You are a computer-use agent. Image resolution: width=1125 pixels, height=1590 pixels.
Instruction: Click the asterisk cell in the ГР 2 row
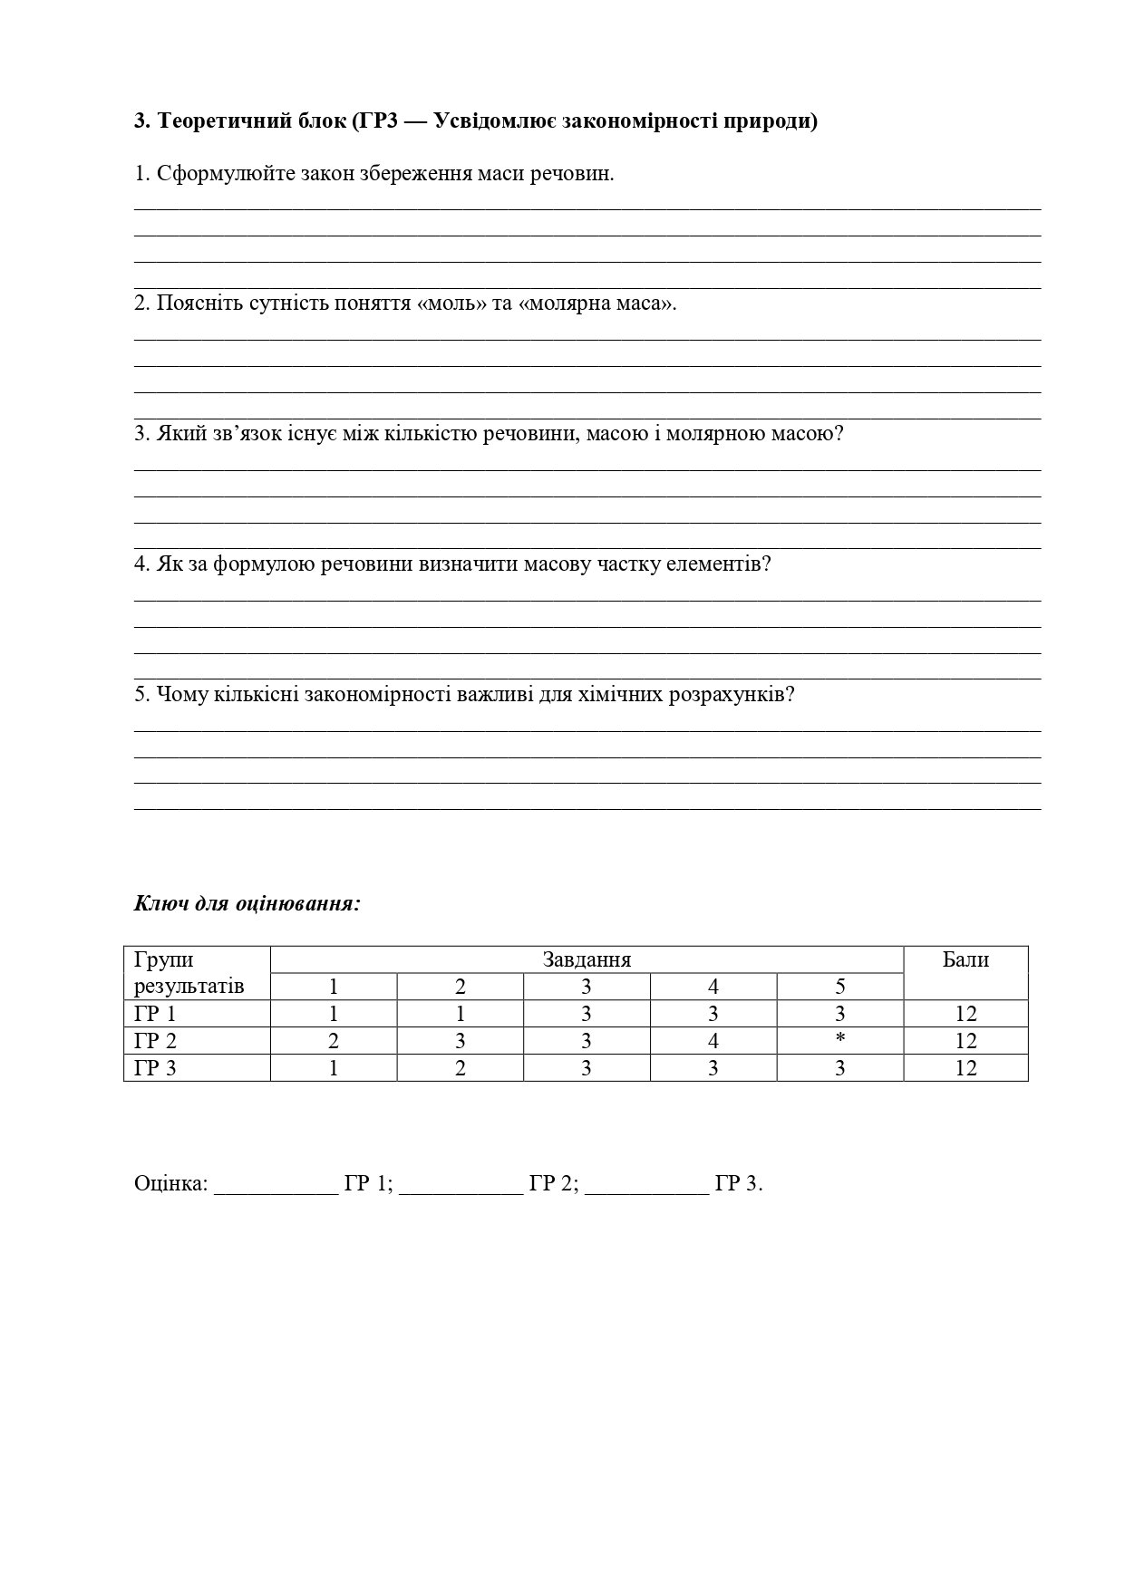840,1040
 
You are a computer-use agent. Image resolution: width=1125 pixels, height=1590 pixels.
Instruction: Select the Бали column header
965,959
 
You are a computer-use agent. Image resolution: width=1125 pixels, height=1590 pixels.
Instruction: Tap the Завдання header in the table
587,959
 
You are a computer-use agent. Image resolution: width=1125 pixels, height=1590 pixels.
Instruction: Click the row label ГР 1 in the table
155,1014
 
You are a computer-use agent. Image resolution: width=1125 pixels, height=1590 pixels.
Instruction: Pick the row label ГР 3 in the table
155,1068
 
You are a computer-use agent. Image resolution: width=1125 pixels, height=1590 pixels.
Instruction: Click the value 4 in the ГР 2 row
713,1041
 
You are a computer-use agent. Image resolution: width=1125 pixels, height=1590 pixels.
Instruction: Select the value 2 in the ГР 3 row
461,1068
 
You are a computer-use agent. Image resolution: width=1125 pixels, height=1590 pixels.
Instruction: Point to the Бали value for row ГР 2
965,1041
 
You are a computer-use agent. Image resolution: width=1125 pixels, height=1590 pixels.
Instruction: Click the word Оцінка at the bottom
171,1183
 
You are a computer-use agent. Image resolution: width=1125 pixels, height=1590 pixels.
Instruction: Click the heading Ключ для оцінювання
247,903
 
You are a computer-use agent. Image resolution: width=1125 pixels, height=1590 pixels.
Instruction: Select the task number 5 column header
840,987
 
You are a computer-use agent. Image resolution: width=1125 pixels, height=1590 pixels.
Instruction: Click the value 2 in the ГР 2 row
334,1041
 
